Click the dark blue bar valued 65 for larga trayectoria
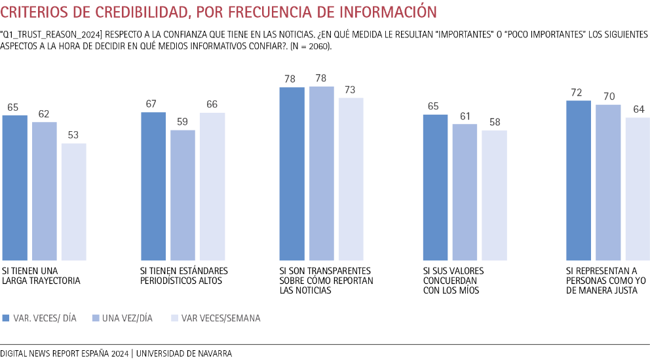(x=15, y=188)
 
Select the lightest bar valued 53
(x=74, y=201)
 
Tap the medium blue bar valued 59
(x=183, y=195)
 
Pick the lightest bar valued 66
(x=212, y=186)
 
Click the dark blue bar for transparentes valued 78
(x=292, y=173)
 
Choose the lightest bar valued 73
(x=351, y=178)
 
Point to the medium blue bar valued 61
(x=465, y=191)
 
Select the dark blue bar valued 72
(x=579, y=180)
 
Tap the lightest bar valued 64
(x=638, y=189)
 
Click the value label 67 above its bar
(x=153, y=104)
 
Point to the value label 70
(x=609, y=96)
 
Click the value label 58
(x=495, y=122)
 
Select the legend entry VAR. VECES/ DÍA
(x=39, y=318)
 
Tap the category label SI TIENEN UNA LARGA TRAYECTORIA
(x=41, y=275)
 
